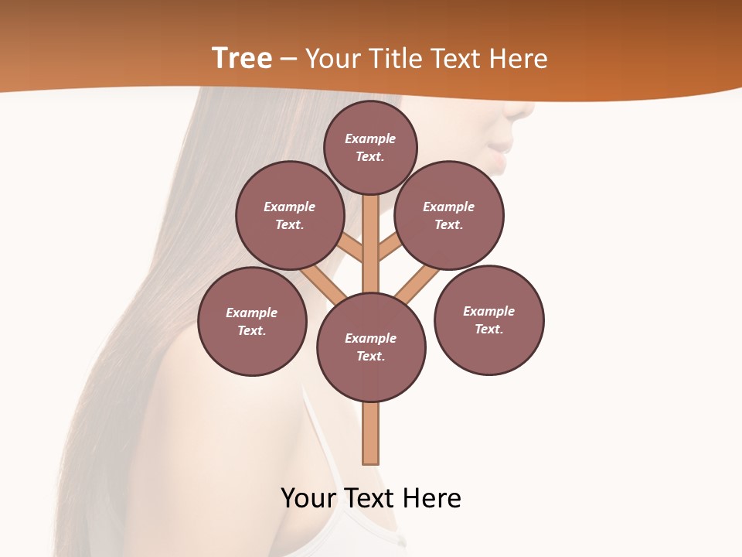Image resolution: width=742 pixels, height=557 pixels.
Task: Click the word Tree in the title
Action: [x=242, y=59]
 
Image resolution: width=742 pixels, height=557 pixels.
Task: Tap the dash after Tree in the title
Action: [x=288, y=60]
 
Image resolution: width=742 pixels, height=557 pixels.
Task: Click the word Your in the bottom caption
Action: [x=308, y=498]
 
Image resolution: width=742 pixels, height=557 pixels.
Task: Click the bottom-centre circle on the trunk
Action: [x=371, y=379]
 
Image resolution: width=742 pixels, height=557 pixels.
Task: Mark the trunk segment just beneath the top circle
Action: [x=371, y=232]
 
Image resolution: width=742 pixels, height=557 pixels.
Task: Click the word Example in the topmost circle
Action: [x=370, y=138]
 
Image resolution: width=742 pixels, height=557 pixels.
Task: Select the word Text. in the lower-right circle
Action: [x=488, y=330]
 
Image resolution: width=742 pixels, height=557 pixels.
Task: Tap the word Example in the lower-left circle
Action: [x=251, y=313]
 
